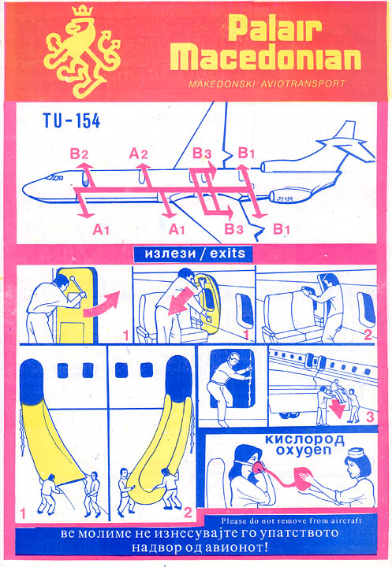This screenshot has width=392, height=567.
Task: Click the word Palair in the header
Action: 275,29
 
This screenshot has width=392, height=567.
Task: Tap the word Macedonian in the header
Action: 266,57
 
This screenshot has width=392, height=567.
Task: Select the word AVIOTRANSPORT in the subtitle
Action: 303,84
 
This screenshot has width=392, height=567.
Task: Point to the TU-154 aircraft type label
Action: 72,120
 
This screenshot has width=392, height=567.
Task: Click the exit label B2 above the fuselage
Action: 79,154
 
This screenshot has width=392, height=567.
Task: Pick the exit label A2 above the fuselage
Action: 138,154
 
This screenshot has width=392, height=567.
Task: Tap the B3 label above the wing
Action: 202,153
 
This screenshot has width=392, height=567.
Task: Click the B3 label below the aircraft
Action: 233,229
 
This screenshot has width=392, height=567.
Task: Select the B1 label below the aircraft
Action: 282,229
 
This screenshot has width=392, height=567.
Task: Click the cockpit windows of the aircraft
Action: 54,177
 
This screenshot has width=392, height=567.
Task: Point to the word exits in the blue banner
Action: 227,253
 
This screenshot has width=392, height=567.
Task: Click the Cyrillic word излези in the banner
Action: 170,254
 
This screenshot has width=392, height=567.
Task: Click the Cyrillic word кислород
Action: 304,439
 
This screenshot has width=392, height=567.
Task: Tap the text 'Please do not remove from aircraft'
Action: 292,521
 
